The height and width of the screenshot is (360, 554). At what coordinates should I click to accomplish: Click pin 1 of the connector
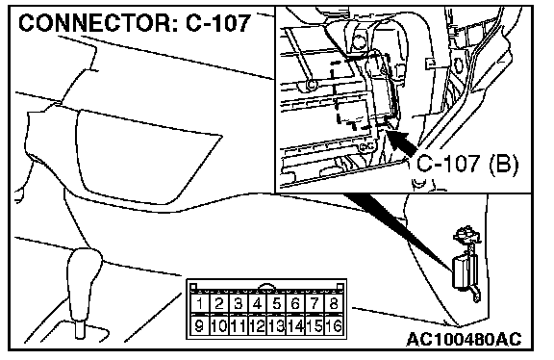coord(200,303)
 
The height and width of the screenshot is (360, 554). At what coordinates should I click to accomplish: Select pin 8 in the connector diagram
coord(333,303)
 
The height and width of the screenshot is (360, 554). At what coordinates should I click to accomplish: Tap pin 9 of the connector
coord(200,325)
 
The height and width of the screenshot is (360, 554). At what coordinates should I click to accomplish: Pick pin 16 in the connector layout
coord(333,325)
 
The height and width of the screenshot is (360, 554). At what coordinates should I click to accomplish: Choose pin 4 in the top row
coord(257,303)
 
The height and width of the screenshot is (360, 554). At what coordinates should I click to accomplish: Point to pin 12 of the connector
coord(257,325)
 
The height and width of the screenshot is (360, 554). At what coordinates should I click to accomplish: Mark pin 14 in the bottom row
coord(295,325)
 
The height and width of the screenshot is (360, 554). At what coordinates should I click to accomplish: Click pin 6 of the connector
coord(295,303)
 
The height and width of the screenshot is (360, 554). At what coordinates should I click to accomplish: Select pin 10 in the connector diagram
coord(218,325)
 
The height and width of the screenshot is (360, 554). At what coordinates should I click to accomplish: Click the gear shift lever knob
coord(84,270)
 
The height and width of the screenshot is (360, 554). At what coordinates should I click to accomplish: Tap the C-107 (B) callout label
coord(467,164)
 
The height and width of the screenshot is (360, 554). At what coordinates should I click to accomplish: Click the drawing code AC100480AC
coord(464,339)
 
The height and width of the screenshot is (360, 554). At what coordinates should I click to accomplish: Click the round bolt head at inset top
coord(360,42)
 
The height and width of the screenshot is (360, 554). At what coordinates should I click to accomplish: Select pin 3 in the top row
coord(238,303)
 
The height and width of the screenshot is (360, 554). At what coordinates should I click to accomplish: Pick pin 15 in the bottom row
coord(315,325)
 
